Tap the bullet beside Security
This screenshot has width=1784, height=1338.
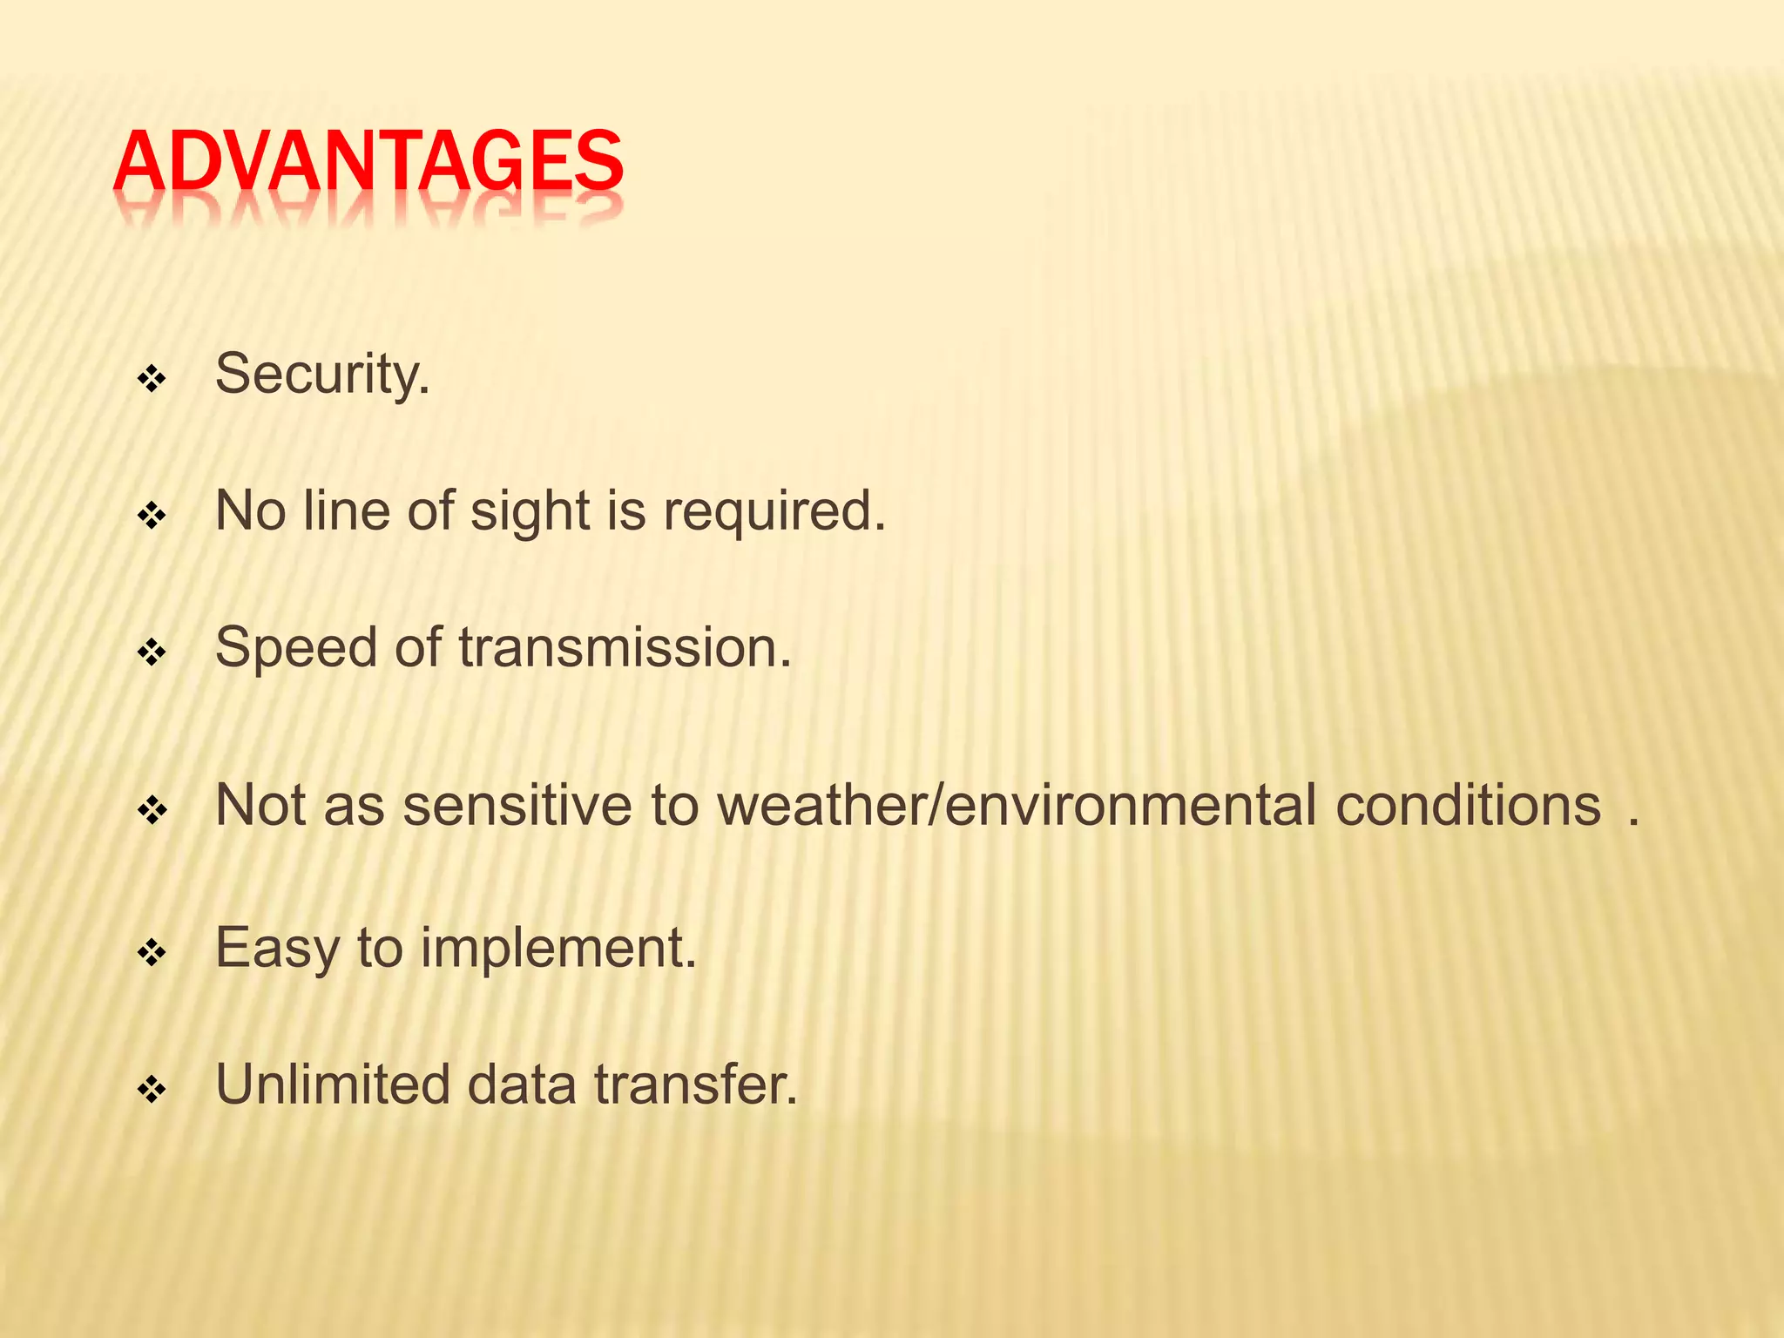[x=152, y=379]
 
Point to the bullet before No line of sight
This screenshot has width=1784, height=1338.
[x=152, y=516]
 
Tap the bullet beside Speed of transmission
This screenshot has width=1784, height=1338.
[x=152, y=652]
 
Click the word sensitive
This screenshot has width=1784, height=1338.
[x=517, y=805]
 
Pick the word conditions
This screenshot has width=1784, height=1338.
[x=1468, y=805]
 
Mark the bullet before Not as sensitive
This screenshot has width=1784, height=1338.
[x=152, y=811]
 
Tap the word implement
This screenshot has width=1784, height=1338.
[x=557, y=949]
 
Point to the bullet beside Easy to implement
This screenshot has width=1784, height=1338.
[x=152, y=953]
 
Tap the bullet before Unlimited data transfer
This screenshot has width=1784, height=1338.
[x=152, y=1089]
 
